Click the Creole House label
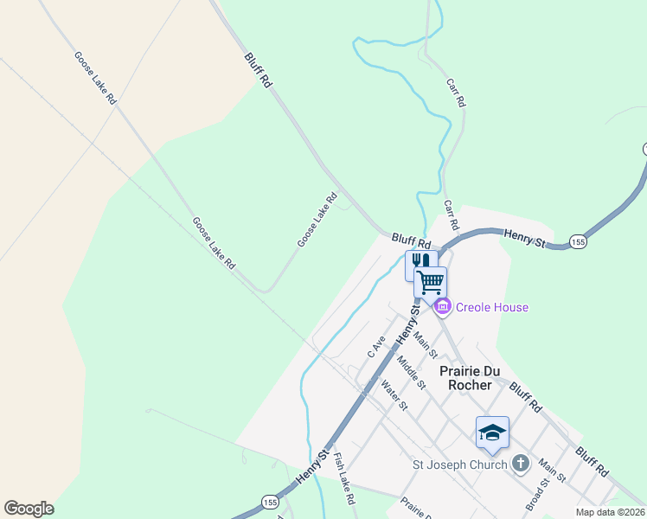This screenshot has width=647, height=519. coord(492,307)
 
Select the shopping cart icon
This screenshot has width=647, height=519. coord(431,281)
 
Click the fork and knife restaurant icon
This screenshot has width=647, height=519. coord(420,262)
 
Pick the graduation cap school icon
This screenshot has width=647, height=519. coord(492,432)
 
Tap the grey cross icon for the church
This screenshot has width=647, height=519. coord(520,464)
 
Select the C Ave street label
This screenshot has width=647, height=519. coord(375,347)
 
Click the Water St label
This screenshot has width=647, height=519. coord(394,396)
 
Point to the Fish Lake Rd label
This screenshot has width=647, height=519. coord(344,479)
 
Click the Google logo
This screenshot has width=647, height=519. coord(29,509)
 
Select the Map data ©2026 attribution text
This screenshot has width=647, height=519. coord(610,512)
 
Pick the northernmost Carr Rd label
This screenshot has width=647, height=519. coord(456,93)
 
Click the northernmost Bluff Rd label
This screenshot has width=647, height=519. coord(259,70)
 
